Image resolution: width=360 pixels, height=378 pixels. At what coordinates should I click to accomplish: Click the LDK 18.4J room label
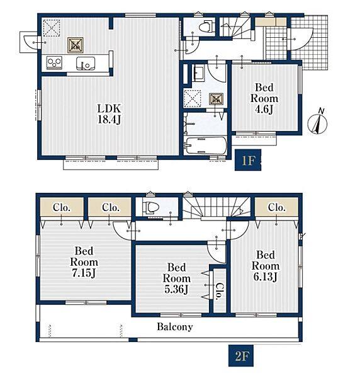[109, 114]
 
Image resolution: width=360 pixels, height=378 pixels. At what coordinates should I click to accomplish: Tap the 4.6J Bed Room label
[264, 98]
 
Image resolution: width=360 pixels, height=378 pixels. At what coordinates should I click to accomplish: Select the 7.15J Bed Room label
[84, 262]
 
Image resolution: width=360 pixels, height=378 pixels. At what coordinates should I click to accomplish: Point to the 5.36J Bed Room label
[176, 278]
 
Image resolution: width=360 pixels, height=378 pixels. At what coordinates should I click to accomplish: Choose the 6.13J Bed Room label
[266, 266]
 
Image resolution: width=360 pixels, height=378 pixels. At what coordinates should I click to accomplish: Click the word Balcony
[175, 326]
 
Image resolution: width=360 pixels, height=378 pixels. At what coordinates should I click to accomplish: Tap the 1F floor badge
[248, 160]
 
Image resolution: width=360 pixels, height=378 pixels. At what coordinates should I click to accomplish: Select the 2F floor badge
[241, 355]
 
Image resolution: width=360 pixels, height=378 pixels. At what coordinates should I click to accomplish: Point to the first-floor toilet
[207, 26]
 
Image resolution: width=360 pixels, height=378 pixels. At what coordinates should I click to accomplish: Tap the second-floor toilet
[150, 207]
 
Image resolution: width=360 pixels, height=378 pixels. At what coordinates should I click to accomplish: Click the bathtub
[205, 146]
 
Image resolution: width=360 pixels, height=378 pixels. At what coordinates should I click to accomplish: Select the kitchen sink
[86, 64]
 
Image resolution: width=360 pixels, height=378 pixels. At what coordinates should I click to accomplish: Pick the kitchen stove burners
[54, 62]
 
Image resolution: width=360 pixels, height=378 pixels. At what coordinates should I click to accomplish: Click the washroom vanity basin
[198, 73]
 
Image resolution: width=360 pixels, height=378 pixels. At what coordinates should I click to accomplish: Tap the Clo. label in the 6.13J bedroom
[277, 207]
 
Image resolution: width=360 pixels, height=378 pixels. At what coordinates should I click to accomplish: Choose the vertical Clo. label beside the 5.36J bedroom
[220, 291]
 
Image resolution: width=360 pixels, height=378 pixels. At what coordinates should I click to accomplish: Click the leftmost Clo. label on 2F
[62, 207]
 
